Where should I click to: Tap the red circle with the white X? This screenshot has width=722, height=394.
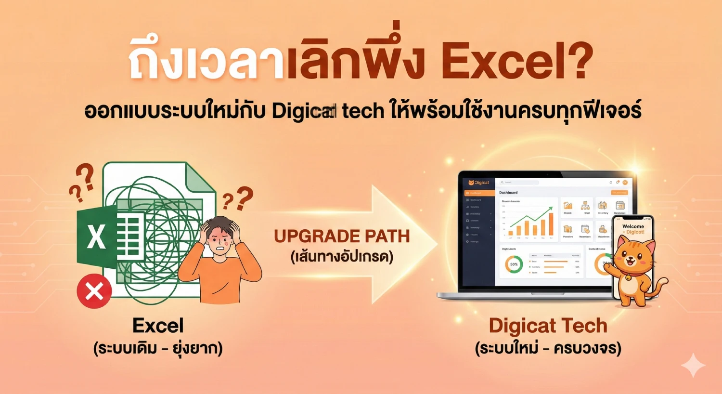94,291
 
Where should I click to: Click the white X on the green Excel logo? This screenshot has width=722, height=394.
96,236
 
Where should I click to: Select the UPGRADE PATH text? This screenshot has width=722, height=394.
342,236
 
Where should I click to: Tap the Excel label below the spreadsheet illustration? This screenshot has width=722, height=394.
158,326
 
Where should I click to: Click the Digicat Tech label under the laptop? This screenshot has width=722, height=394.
548,326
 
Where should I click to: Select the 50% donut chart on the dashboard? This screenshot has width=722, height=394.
514,264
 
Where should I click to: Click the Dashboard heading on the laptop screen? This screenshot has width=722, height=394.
508,193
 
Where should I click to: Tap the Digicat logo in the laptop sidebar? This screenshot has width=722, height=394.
478,183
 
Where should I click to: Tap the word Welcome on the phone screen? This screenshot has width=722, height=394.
633,226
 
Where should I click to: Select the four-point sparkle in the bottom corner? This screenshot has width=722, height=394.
694,366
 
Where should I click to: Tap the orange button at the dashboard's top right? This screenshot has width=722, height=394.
619,193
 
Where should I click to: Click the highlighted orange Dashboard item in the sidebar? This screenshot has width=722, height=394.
479,193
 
